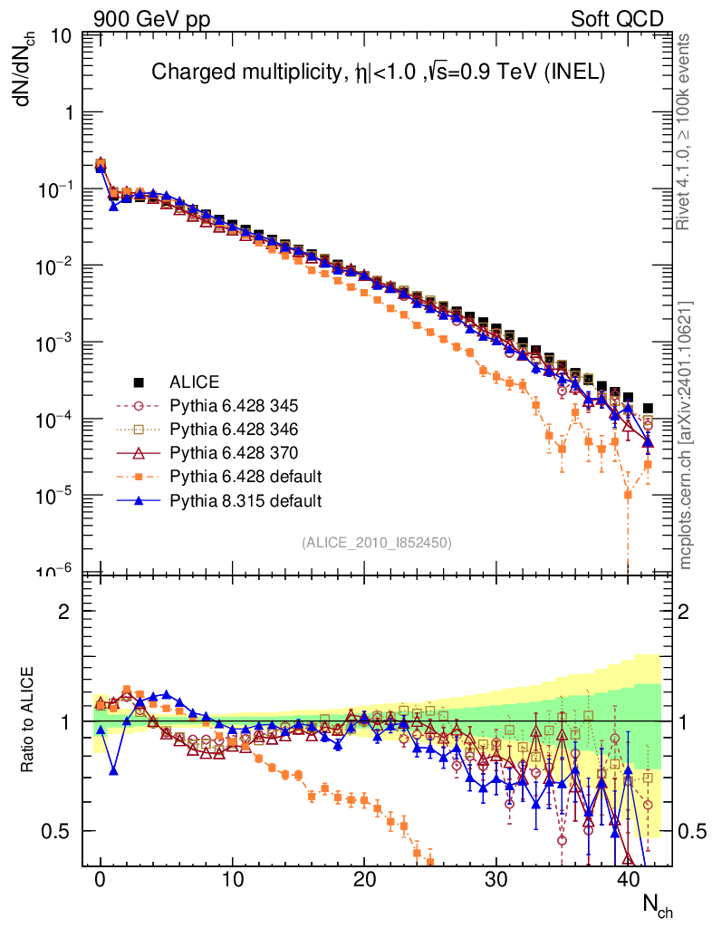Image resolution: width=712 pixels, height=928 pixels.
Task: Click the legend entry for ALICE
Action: click(x=195, y=382)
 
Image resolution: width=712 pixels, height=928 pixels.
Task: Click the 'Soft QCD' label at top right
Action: click(x=616, y=19)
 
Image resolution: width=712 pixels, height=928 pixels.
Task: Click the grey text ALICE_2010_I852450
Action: click(x=377, y=542)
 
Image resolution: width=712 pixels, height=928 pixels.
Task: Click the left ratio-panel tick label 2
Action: click(x=64, y=612)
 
